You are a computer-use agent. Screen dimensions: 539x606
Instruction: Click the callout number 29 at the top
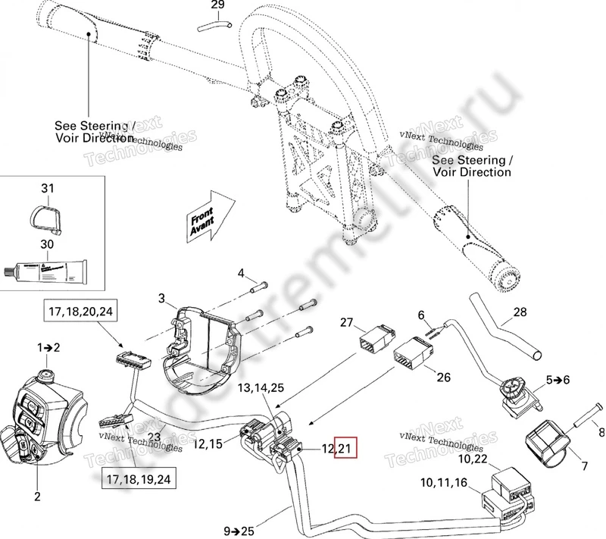[x=217, y=6]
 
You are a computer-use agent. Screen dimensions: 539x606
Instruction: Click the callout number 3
[x=161, y=298]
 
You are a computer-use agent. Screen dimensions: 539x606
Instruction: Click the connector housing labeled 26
[x=412, y=350]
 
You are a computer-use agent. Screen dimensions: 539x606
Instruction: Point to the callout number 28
[x=519, y=312]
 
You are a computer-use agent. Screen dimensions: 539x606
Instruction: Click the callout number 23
[x=155, y=437]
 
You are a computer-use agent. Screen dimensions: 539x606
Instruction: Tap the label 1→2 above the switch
[x=49, y=346]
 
